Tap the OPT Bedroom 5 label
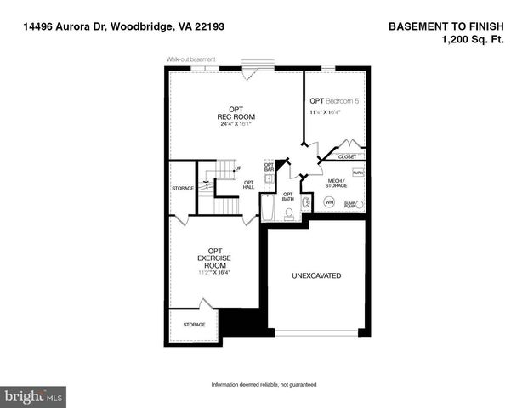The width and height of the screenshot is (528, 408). click(x=333, y=101)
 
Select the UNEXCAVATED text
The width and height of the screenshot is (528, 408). click(x=316, y=275)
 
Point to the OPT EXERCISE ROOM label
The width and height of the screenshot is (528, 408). click(x=214, y=257)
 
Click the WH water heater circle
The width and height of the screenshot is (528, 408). click(x=329, y=202)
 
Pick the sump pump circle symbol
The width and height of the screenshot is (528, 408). click(x=359, y=205)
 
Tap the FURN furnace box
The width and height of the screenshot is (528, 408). click(x=358, y=172)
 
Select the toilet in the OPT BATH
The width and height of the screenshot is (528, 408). click(x=289, y=213)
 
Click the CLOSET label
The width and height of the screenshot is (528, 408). click(x=348, y=156)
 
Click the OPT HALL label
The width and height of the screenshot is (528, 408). click(x=249, y=184)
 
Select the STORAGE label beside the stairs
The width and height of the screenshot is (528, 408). click(x=183, y=187)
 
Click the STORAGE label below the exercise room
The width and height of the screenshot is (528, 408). click(x=195, y=324)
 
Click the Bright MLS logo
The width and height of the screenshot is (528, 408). click(x=34, y=396)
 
